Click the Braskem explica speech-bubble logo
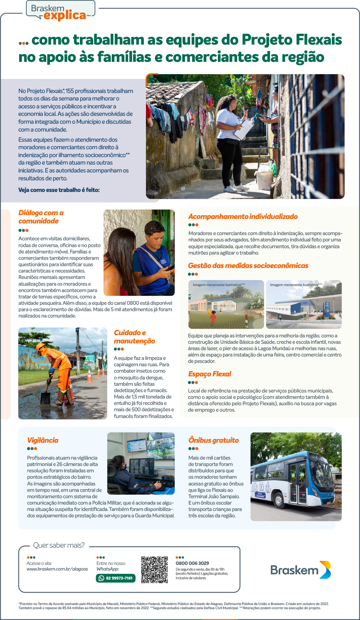point(60,11)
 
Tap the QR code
point(154,569)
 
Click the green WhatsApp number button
point(115,578)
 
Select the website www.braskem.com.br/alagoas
point(57,569)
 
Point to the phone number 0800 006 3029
point(192,563)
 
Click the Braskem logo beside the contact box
point(300,570)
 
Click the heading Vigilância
point(43,440)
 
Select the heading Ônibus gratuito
point(213,440)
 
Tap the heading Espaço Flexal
point(210,374)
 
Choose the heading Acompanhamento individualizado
point(243,216)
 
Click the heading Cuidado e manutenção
point(134,337)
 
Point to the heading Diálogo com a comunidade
point(41,217)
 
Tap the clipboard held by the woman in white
point(243,130)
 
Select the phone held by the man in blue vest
point(170,268)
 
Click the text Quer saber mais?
point(59,545)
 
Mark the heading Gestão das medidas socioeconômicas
point(248,265)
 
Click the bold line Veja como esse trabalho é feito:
point(59,190)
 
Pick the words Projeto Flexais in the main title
point(292,40)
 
